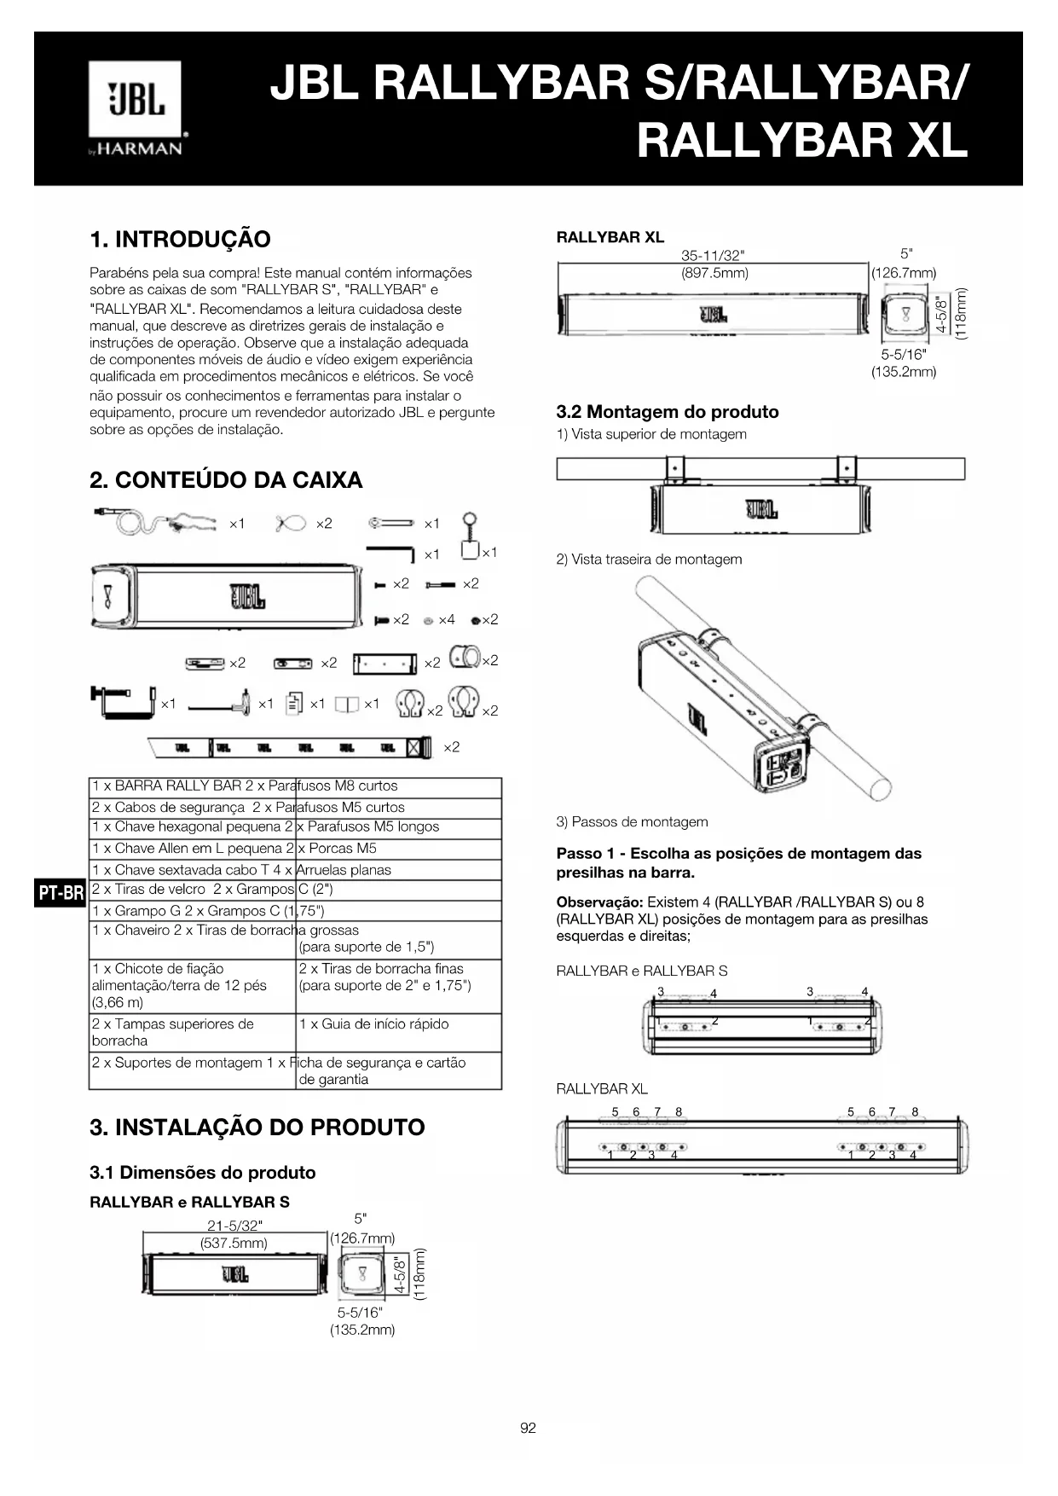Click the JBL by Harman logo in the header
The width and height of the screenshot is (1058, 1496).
coord(136,108)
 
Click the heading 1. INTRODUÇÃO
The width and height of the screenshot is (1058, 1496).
coord(180,239)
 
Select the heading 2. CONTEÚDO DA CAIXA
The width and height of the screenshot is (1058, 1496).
coord(226,480)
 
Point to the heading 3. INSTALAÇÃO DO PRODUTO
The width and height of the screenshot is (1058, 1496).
coord(257,1128)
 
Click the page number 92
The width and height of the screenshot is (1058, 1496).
coord(528,1428)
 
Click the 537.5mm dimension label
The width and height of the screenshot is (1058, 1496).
coord(234,1243)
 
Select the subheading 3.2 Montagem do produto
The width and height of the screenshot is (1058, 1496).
coord(667,412)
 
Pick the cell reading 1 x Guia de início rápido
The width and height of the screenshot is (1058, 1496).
coord(373,1023)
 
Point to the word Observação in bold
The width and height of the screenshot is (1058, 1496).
coord(599,902)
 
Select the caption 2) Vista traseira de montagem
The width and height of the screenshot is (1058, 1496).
coord(649,560)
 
